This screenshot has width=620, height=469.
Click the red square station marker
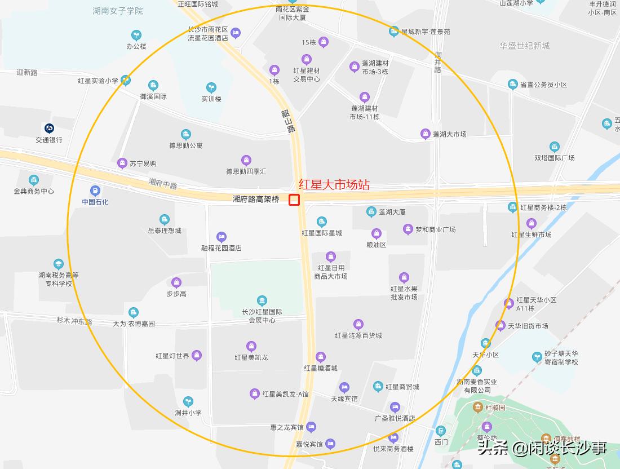pos(294,200)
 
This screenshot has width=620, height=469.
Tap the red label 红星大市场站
pos(334,185)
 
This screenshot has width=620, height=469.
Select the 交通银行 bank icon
pos(49,129)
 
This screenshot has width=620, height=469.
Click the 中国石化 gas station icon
pos(95,191)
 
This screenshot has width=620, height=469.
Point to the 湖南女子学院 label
pos(118,11)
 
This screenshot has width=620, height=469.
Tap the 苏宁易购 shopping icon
pos(122,163)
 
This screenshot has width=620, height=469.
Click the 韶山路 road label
pos(289,121)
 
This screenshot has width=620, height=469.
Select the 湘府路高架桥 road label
pos(256,200)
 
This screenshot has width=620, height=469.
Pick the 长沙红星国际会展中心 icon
pos(262,300)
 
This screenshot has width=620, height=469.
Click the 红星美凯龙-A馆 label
pos(286,394)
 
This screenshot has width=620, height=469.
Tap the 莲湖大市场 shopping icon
pos(425,134)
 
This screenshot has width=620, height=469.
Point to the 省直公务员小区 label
pos(543,85)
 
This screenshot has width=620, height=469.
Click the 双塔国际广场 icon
pos(555,147)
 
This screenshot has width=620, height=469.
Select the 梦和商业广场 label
pos(436,229)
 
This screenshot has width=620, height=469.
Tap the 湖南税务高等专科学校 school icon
pos(58,264)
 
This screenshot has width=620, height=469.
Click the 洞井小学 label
pos(188,413)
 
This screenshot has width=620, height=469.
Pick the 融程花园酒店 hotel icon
pos(222,237)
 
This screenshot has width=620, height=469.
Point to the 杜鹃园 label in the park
pos(496,407)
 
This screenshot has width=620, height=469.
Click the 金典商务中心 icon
pos(34,180)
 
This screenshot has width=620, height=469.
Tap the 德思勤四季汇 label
pos(246,171)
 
